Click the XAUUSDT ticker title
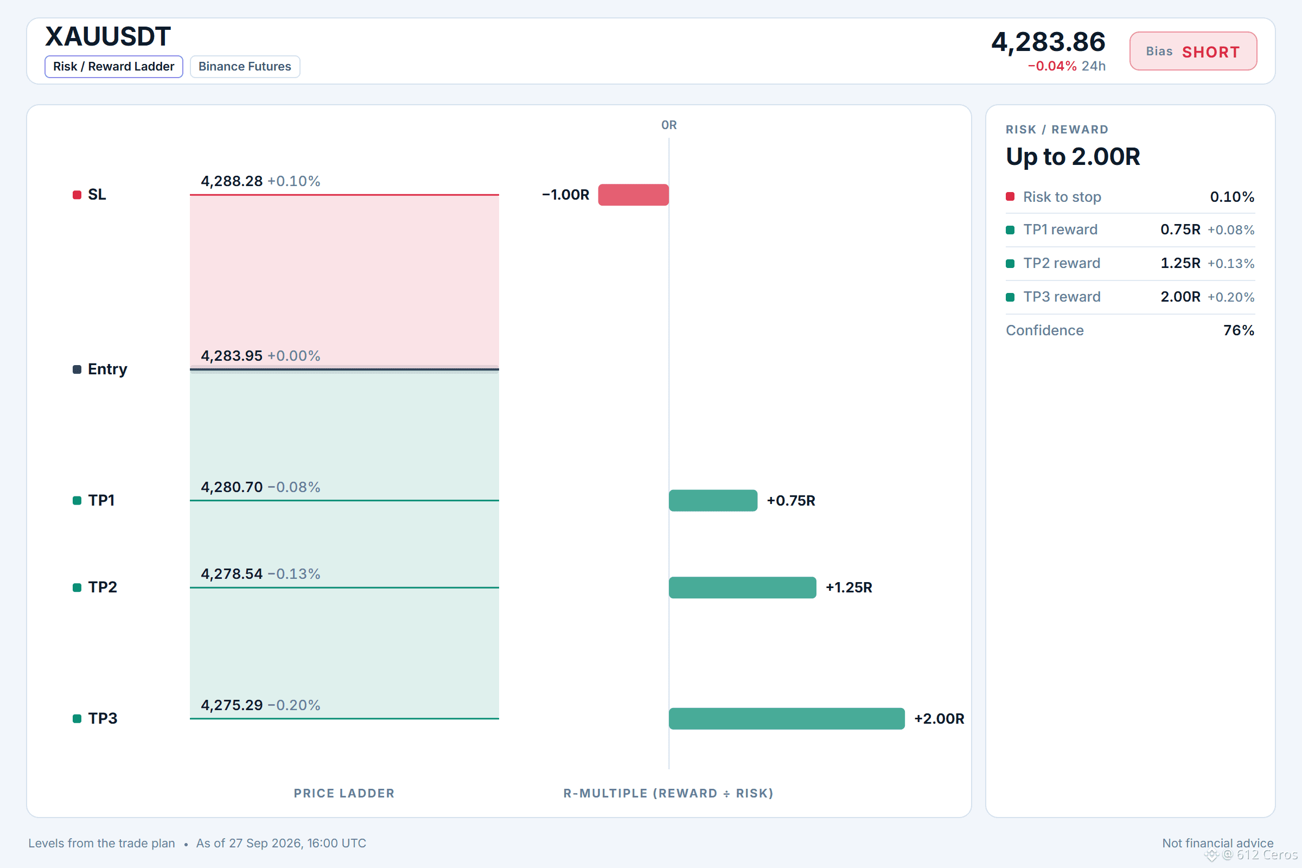tap(108, 36)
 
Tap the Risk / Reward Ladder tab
tap(113, 66)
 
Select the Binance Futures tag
tap(245, 66)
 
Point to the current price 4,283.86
tap(1048, 42)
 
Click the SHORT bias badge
tap(1193, 52)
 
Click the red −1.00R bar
tap(633, 195)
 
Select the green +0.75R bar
tap(713, 500)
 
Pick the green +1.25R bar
tap(742, 588)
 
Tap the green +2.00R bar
tap(787, 718)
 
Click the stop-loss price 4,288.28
tap(232, 181)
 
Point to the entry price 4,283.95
tap(232, 355)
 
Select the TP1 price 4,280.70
tap(232, 487)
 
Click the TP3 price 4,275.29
tap(232, 705)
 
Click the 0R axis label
tap(669, 125)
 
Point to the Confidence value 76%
tap(1239, 330)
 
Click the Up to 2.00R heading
tap(1073, 157)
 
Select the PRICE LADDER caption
tap(344, 793)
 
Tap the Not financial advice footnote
tap(1217, 843)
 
